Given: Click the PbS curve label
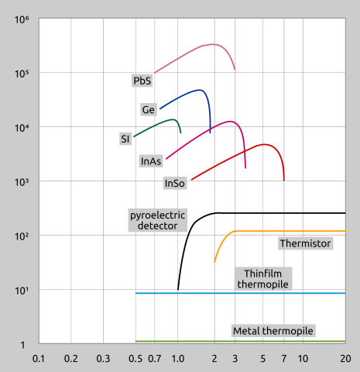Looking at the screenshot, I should click(x=142, y=81).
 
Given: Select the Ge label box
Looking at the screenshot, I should click(x=149, y=109).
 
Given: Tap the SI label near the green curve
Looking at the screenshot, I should click(x=125, y=139).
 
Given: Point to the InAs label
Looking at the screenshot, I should click(x=151, y=161).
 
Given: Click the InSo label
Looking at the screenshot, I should click(x=175, y=184).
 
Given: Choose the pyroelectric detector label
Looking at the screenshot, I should click(x=153, y=219).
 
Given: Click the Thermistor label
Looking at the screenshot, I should click(x=305, y=243).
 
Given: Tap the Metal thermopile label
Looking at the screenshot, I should click(x=273, y=331).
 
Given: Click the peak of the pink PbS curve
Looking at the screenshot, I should click(x=214, y=44).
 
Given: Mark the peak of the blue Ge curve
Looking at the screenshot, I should click(x=201, y=90).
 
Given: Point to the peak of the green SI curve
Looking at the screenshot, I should click(x=173, y=119).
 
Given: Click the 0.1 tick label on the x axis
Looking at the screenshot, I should click(x=38, y=359).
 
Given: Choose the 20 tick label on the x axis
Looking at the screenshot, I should click(x=345, y=359).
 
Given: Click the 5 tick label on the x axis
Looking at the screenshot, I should click(x=263, y=359).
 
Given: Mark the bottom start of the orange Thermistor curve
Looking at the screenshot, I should click(x=214, y=263).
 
